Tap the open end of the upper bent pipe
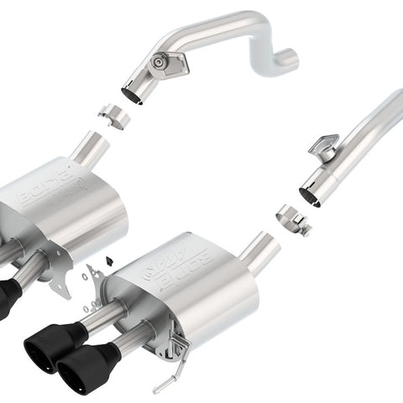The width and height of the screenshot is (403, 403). pos(132,92)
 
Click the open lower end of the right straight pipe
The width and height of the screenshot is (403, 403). pos(309,195)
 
